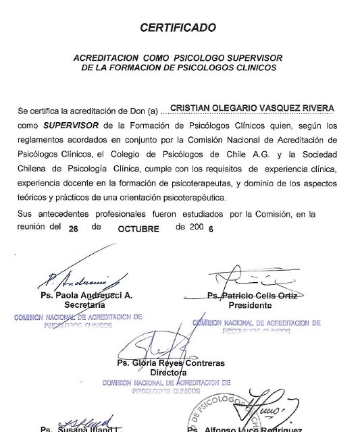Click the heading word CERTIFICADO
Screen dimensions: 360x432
click(178, 28)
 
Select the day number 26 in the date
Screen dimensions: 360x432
click(74, 229)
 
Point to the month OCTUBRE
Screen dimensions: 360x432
click(138, 229)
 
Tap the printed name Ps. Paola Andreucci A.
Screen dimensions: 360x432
click(86, 296)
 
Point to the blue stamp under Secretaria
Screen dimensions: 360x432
click(78, 321)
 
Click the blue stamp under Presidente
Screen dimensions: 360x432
click(257, 326)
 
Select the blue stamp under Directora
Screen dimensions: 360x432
click(166, 386)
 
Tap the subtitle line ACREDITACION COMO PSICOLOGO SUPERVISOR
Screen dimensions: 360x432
click(178, 58)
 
